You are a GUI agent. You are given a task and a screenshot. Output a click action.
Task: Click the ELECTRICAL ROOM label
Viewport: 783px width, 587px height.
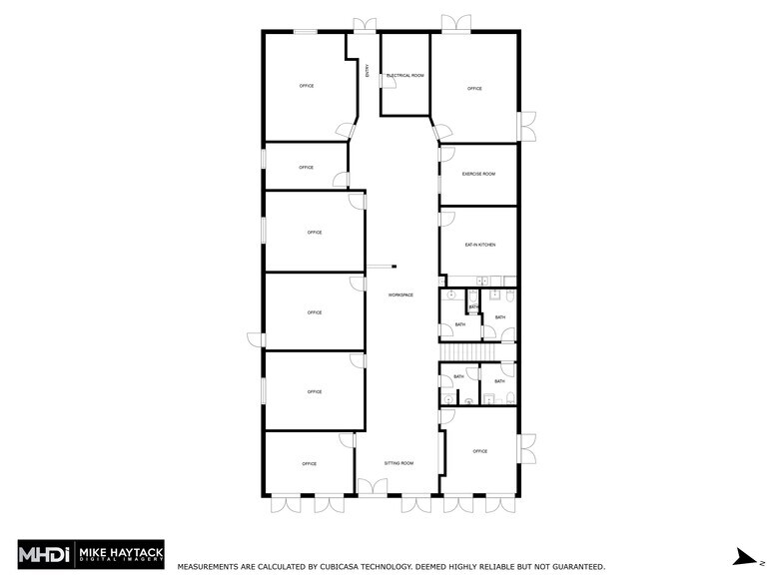click(x=405, y=76)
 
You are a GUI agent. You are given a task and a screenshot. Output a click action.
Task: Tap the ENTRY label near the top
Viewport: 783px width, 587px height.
click(x=368, y=71)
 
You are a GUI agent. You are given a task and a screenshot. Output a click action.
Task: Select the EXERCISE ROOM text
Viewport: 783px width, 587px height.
click(x=478, y=174)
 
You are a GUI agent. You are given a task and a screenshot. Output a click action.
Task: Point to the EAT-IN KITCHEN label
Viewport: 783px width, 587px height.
click(x=479, y=245)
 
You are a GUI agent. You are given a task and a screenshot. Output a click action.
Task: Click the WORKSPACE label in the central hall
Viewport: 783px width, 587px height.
click(x=400, y=294)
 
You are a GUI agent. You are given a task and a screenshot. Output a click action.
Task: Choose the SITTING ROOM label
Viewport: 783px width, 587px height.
click(x=399, y=463)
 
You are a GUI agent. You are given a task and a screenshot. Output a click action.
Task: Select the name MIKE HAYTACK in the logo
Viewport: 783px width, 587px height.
click(x=129, y=550)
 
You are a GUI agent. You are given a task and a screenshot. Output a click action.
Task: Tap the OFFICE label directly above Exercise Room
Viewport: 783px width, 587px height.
click(x=474, y=89)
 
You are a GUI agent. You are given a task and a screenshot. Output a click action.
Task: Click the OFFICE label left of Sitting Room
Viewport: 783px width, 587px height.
click(x=309, y=463)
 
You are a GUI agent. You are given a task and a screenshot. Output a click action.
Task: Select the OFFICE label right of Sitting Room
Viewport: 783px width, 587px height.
click(x=479, y=451)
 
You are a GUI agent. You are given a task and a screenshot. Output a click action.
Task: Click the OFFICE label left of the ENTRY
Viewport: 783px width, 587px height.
click(x=307, y=86)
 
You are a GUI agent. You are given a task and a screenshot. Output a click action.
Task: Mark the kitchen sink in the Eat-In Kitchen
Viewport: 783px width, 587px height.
click(x=480, y=280)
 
